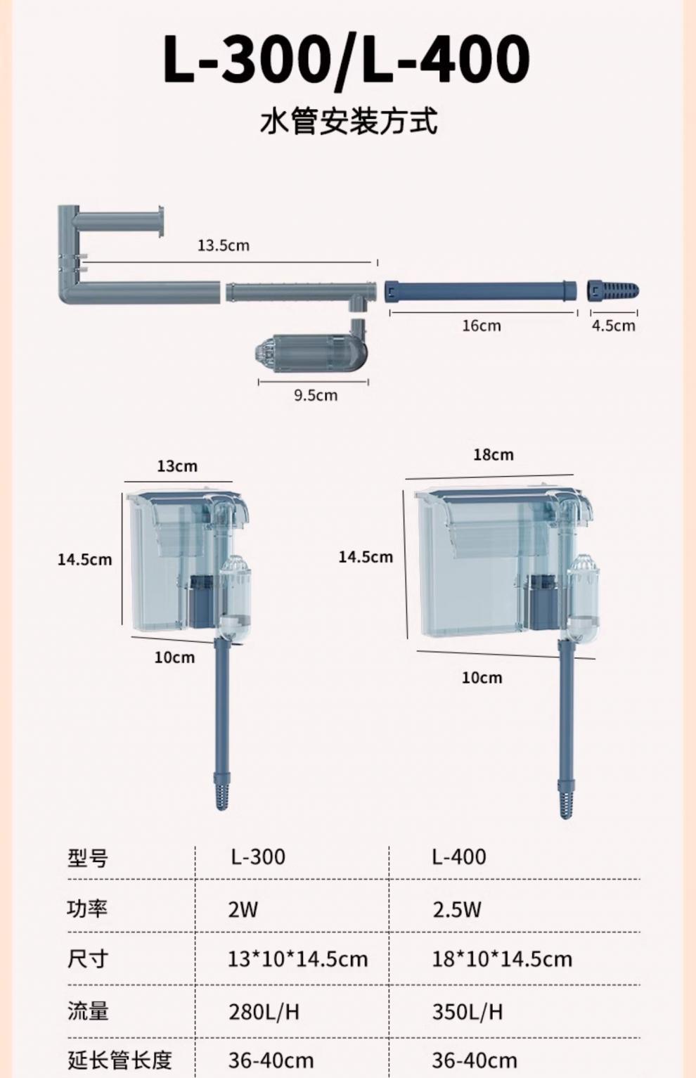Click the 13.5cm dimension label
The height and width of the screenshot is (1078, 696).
pyautogui.click(x=224, y=245)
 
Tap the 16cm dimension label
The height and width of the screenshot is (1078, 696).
pyautogui.click(x=482, y=326)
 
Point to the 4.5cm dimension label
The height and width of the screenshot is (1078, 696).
pyautogui.click(x=613, y=326)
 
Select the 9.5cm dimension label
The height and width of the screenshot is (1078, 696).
pyautogui.click(x=316, y=396)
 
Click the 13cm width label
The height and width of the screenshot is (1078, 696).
pyautogui.click(x=177, y=466)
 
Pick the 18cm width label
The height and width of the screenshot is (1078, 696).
pyautogui.click(x=493, y=455)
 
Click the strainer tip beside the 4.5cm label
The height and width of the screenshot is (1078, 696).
pyautogui.click(x=613, y=291)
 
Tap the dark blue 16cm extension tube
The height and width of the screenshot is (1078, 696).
pyautogui.click(x=480, y=292)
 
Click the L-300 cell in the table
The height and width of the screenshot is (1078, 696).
pyautogui.click(x=258, y=857)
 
